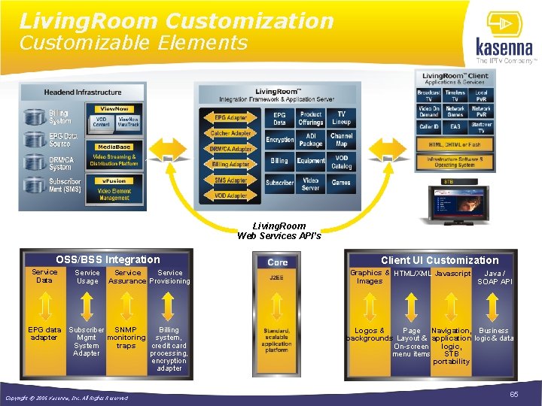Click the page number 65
pyautogui.click(x=514, y=394)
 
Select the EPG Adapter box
pyautogui.click(x=230, y=118)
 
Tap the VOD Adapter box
pyautogui.click(x=230, y=195)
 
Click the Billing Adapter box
pyautogui.click(x=230, y=164)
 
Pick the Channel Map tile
pyautogui.click(x=341, y=140)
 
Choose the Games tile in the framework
pyautogui.click(x=341, y=182)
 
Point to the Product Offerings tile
pyautogui.click(x=310, y=118)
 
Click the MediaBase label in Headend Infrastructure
pyautogui.click(x=114, y=147)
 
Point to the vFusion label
pyautogui.click(x=114, y=180)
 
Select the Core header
pyautogui.click(x=278, y=262)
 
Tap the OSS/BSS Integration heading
pyautogui.click(x=108, y=259)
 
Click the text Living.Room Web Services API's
pyautogui.click(x=279, y=230)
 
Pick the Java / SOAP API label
pyautogui.click(x=495, y=277)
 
